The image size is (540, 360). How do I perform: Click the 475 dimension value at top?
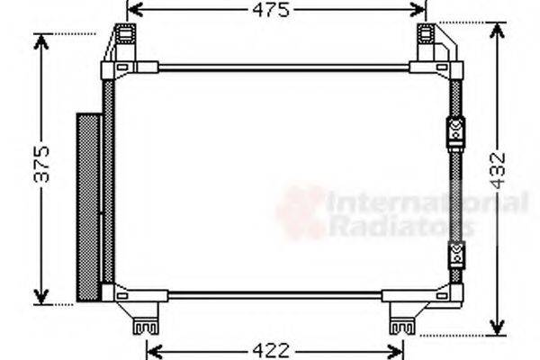pyautogui.click(x=276, y=11)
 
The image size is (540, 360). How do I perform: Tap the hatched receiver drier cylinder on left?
pyautogui.click(x=88, y=206)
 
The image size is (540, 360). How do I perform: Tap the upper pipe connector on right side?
pyautogui.click(x=455, y=131)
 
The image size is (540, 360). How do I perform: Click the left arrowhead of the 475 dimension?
pyautogui.click(x=132, y=11)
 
